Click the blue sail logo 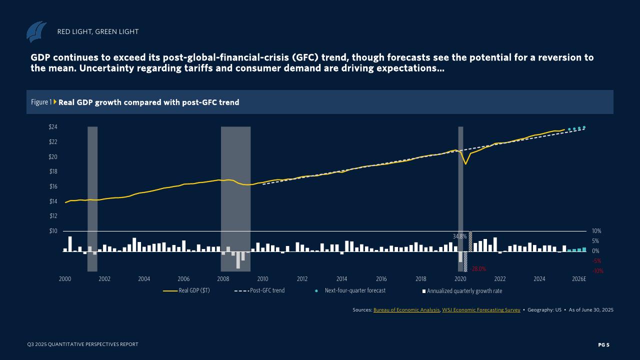coord(36,31)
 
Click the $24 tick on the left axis coord(53,127)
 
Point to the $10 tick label coord(53,231)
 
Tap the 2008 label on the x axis coord(223,279)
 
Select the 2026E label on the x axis coord(579,279)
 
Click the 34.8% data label coord(459,236)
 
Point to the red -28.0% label coord(478,269)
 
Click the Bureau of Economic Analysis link coord(406,310)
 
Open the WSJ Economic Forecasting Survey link coord(481,310)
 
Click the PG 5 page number coord(604,344)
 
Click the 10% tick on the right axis coord(596,231)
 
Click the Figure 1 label coord(41,102)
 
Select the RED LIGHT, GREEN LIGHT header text coord(98,31)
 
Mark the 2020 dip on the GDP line coord(465,163)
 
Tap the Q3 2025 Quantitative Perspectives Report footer coord(83,344)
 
